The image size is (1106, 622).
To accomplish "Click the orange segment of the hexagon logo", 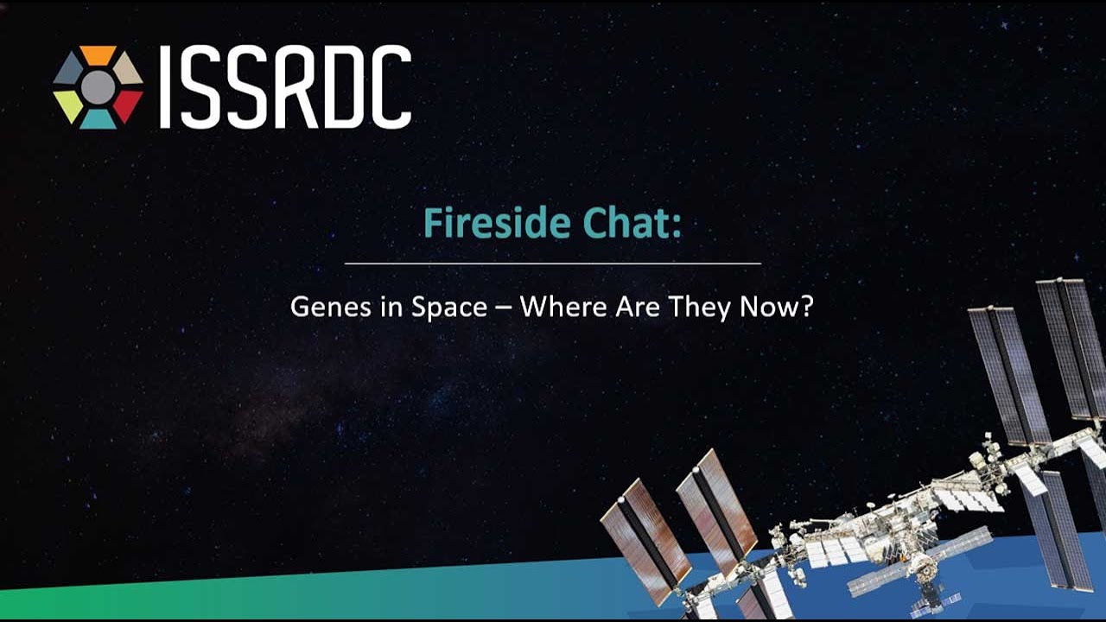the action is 99,54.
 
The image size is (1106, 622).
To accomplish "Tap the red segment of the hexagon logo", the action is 127,105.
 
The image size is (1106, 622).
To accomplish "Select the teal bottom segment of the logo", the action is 99,120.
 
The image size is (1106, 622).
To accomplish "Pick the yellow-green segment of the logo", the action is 68,105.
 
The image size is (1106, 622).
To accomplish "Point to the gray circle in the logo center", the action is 99,87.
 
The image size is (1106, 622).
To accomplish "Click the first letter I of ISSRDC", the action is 165,87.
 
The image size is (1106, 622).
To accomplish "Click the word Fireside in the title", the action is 497,223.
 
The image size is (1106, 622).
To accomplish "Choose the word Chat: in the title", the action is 632,223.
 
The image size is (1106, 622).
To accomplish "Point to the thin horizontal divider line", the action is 553,263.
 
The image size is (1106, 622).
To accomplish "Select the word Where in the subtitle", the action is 564,307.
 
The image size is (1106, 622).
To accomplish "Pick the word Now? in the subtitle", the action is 776,307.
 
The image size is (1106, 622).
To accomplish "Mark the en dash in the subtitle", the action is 504,308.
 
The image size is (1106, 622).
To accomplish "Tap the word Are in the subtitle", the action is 638,307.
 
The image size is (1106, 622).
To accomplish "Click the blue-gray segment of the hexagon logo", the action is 68,70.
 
